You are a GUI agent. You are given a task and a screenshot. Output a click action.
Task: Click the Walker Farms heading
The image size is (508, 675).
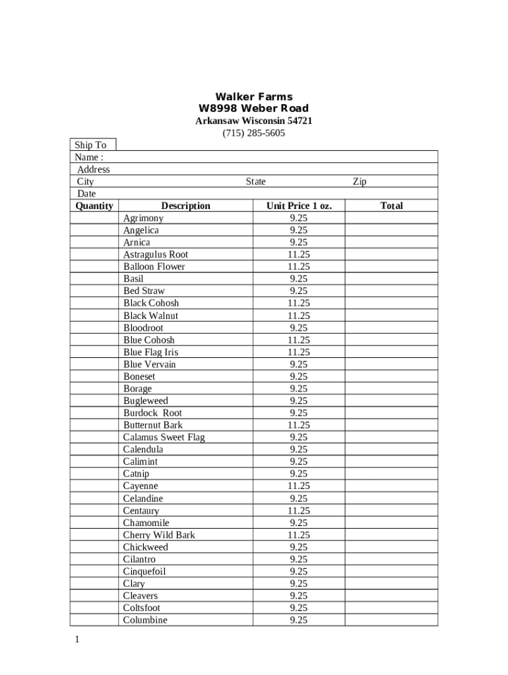(254, 97)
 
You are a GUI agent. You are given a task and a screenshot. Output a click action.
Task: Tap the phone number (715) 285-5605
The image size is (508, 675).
(254, 133)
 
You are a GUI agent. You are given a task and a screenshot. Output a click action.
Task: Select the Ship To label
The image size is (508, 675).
(90, 145)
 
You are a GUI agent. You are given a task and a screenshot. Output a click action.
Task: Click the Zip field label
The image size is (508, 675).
(360, 181)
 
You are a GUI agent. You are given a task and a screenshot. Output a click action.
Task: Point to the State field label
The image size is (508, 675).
(256, 181)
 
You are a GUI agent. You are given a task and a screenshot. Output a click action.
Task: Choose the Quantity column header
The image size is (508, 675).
(94, 206)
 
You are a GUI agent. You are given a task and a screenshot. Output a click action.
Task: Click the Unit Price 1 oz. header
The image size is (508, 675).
(299, 206)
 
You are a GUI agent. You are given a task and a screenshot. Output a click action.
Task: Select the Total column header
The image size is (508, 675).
(391, 206)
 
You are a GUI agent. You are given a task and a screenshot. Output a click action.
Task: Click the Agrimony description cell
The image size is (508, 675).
(143, 218)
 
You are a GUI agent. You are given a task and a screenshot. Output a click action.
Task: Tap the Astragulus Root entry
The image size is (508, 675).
(156, 254)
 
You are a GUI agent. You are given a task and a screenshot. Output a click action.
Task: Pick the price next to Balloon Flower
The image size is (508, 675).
(298, 267)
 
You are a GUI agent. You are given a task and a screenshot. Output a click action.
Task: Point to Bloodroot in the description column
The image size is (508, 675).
(143, 328)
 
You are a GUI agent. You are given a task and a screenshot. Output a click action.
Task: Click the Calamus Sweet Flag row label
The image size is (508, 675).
(164, 437)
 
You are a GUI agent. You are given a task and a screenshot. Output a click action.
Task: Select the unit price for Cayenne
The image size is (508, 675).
(298, 486)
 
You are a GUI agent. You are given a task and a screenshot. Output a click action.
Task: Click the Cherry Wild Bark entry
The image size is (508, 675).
(159, 535)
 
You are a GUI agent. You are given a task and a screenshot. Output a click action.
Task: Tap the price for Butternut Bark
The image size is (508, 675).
(298, 425)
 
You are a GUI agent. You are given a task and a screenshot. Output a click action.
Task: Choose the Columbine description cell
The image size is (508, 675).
(145, 620)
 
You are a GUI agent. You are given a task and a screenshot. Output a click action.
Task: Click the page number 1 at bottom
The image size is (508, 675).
(77, 639)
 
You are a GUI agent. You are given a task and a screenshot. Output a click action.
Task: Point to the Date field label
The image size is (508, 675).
(86, 194)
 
